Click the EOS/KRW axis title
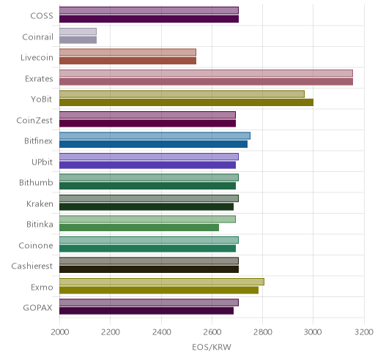click(212, 347)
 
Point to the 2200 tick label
click(110, 332)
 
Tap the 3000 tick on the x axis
click(313, 332)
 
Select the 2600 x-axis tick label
click(212, 332)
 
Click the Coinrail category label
click(37, 37)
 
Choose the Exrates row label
click(39, 78)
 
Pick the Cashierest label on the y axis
click(32, 266)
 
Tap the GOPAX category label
click(37, 307)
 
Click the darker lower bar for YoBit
click(186, 102)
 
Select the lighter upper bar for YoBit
click(182, 94)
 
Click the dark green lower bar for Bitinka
click(139, 228)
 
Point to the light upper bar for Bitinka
click(147, 219)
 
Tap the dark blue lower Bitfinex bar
click(153, 144)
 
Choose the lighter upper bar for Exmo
click(162, 282)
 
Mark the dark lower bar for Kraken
click(146, 207)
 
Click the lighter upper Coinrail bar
click(78, 31)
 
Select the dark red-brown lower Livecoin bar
click(127, 61)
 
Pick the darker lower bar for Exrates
click(206, 82)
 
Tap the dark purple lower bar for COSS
click(149, 19)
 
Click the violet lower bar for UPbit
click(147, 165)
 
